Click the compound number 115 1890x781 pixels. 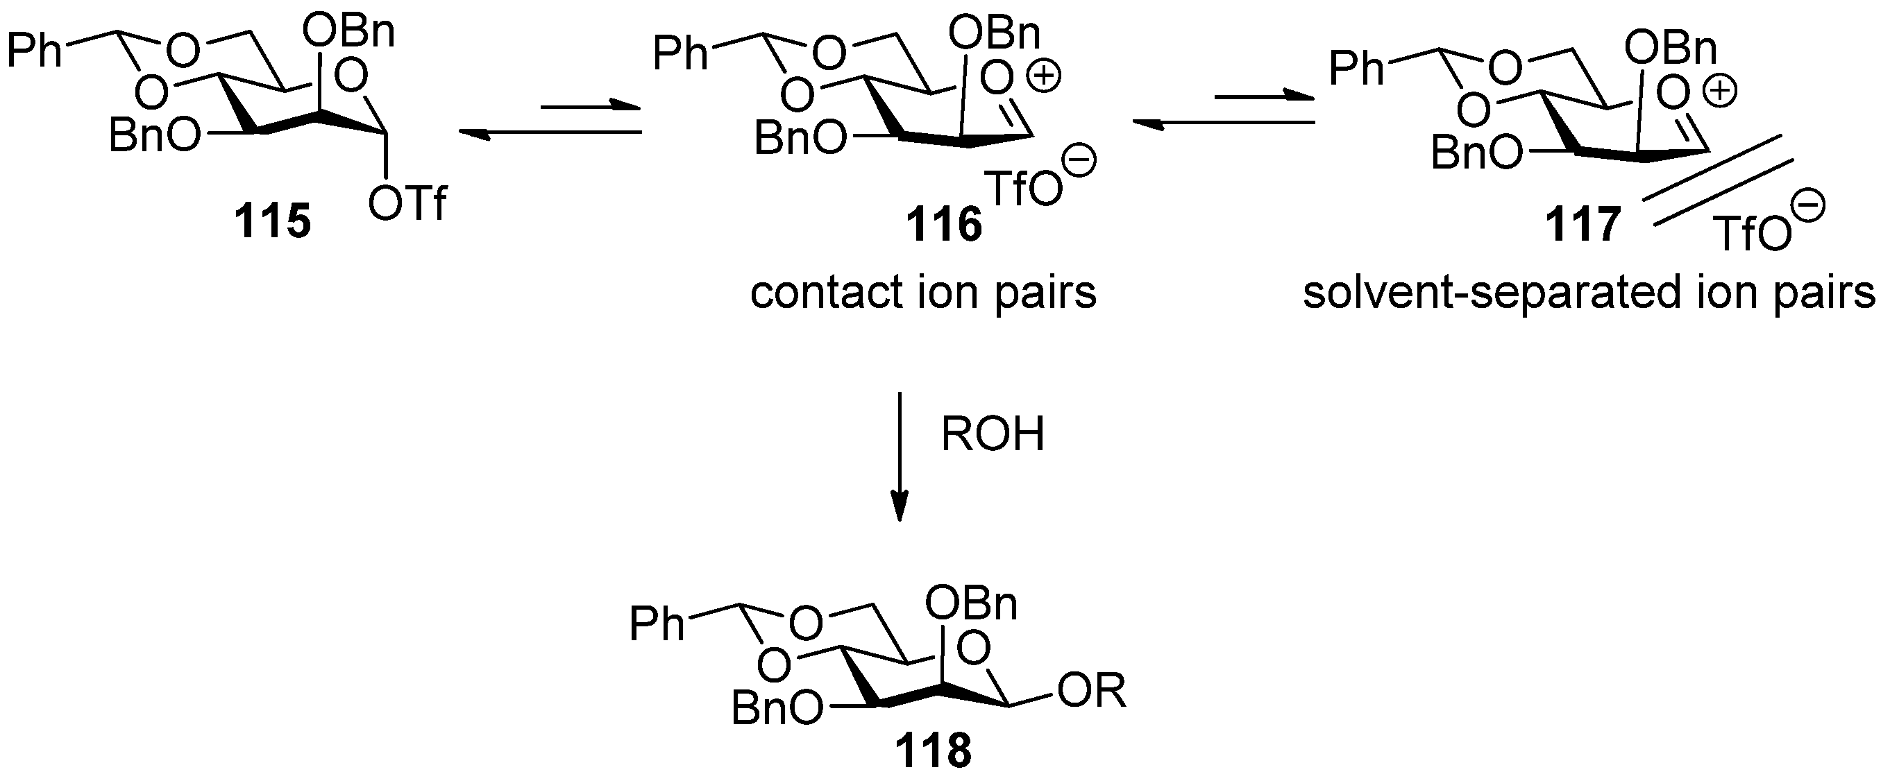click(x=272, y=221)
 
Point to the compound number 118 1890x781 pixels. click(x=933, y=751)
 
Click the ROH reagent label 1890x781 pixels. click(x=992, y=434)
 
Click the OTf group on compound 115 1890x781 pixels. click(x=408, y=203)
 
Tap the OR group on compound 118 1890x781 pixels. click(x=1092, y=691)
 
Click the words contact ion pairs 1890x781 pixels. click(x=923, y=293)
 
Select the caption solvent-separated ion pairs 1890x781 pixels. click(x=1589, y=293)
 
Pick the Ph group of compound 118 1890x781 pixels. click(x=657, y=625)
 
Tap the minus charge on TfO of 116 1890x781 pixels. click(x=1079, y=162)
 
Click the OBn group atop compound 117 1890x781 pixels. click(x=1670, y=50)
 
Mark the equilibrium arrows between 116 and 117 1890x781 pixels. click(x=1222, y=110)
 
